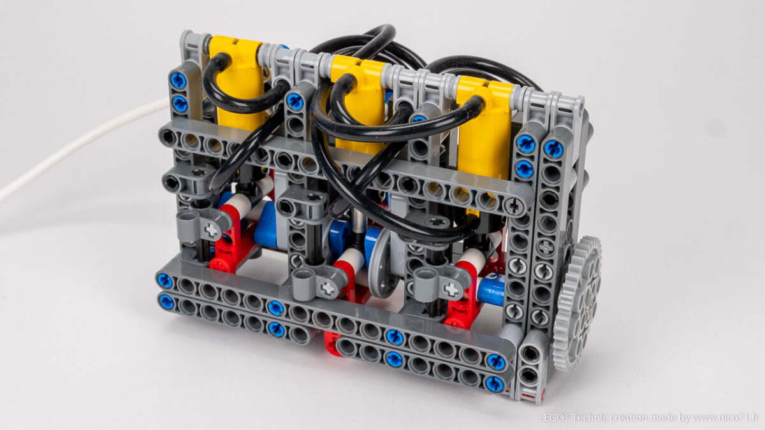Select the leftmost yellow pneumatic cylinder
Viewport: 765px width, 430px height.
click(x=237, y=80)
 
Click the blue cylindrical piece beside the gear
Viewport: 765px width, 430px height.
click(x=492, y=290)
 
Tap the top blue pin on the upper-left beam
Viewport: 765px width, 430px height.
click(x=178, y=81)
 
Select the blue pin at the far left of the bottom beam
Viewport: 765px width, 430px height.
click(x=164, y=280)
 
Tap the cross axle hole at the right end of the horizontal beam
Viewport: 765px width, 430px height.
click(x=514, y=205)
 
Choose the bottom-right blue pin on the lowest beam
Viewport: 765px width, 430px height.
click(x=494, y=383)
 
